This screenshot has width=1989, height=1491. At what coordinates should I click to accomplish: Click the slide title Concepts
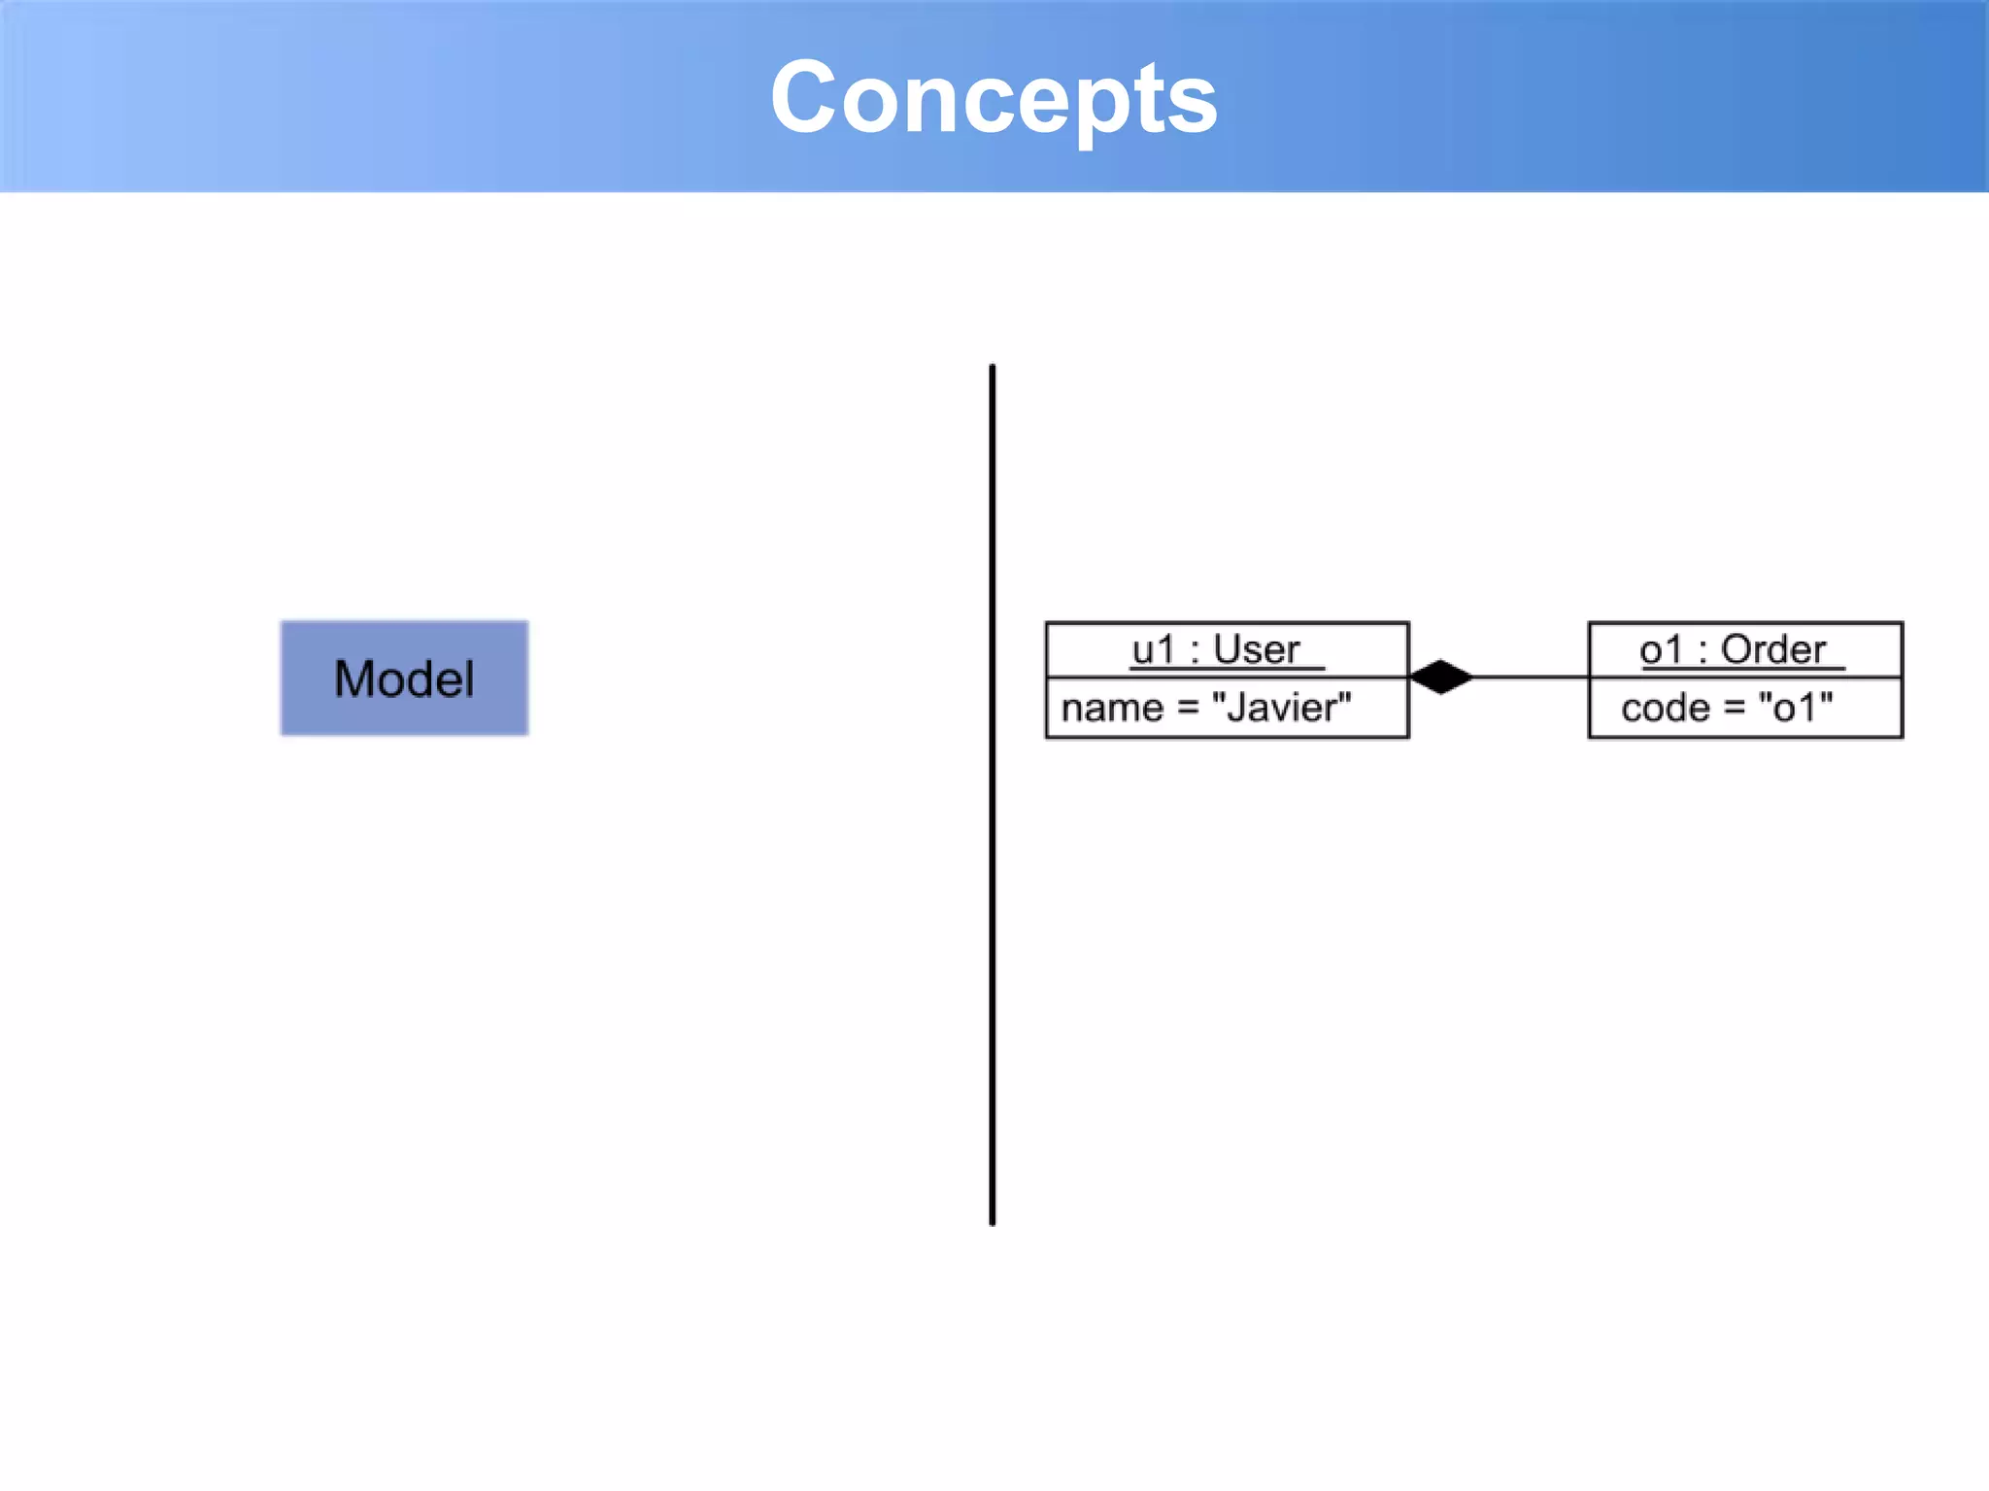tap(994, 97)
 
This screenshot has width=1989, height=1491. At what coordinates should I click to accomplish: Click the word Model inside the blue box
tap(404, 679)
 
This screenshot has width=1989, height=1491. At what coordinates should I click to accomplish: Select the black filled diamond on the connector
tap(1441, 677)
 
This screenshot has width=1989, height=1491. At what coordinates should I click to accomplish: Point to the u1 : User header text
tap(1216, 649)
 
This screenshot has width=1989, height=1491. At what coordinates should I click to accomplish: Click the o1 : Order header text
tap(1733, 649)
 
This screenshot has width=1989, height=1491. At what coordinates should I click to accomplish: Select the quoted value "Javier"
tap(1281, 708)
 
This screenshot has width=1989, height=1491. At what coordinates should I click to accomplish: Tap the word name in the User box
tap(1111, 709)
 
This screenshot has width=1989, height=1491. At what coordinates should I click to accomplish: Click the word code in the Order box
tap(1665, 709)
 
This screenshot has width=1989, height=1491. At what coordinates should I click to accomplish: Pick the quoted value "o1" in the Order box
tap(1796, 708)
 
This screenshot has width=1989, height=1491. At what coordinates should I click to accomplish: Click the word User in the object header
tap(1256, 649)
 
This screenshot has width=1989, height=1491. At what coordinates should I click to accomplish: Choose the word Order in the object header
tap(1773, 649)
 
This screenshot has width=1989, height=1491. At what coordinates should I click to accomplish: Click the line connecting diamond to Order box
tap(1530, 677)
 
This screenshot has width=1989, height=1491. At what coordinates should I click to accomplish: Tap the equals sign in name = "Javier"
tap(1188, 709)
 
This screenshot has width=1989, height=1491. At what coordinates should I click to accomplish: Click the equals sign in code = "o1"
tap(1735, 709)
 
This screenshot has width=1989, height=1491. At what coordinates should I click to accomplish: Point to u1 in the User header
tap(1153, 649)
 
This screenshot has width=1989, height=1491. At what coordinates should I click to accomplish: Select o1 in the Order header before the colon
tap(1661, 649)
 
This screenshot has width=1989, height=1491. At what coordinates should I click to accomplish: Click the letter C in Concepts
tap(802, 97)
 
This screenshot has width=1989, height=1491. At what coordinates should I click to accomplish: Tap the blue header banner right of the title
tap(1602, 97)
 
